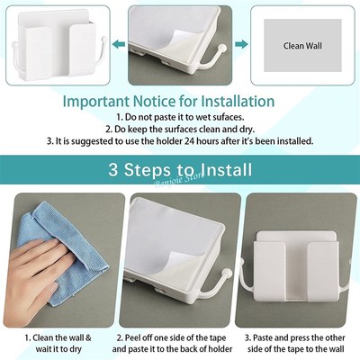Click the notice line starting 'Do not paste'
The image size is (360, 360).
pos(180,117)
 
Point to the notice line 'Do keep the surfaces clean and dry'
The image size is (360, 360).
pos(180,129)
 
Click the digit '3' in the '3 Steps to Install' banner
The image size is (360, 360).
pos(114,169)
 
